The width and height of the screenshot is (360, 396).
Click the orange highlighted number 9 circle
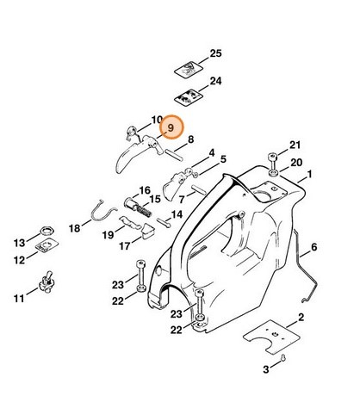[170, 128]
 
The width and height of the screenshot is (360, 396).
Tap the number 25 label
[215, 53]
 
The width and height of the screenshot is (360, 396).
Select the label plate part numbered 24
[188, 93]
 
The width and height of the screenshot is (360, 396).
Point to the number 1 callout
[309, 175]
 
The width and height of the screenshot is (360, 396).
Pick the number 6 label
[313, 247]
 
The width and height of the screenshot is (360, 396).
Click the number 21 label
[295, 144]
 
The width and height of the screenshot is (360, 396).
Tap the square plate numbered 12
[47, 249]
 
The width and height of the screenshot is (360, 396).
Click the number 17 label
[126, 246]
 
